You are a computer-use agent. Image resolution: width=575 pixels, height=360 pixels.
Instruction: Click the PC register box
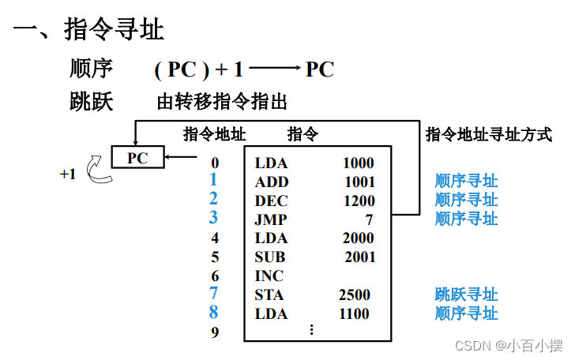[x=137, y=158]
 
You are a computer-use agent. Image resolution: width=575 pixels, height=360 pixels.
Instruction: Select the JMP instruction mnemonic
[x=271, y=219]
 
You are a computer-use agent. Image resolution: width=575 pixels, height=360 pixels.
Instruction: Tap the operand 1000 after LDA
[x=359, y=163]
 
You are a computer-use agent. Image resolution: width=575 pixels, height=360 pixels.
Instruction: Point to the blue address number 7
[x=214, y=294]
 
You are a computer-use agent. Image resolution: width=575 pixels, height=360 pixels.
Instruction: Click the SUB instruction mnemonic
[x=270, y=257]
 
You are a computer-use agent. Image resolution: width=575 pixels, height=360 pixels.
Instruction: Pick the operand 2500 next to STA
[x=354, y=294]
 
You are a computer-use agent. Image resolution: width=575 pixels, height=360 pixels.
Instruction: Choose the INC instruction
[x=269, y=276]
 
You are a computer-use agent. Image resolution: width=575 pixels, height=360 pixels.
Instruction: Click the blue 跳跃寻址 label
[x=466, y=294]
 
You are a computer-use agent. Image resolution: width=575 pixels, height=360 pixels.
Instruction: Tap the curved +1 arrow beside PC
[x=99, y=170]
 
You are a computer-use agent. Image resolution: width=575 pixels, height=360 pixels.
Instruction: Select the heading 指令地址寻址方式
[x=488, y=134]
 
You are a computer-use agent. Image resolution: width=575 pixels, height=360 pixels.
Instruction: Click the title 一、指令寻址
[x=88, y=30]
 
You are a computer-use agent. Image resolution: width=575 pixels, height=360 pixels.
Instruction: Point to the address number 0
[x=215, y=163]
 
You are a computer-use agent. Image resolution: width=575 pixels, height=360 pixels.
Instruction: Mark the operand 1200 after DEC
[x=359, y=201]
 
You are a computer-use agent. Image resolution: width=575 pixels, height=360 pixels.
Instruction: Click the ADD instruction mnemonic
[x=272, y=182]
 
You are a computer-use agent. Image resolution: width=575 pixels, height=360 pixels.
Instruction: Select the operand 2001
[x=360, y=257]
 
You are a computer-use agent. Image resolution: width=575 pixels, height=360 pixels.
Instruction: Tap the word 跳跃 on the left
[x=92, y=101]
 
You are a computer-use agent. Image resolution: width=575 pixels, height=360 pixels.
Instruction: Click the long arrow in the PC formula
[x=274, y=70]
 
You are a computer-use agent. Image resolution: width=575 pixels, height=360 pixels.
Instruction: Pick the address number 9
[x=215, y=332]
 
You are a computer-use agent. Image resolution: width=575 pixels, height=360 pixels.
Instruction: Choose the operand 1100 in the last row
[x=355, y=313]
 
